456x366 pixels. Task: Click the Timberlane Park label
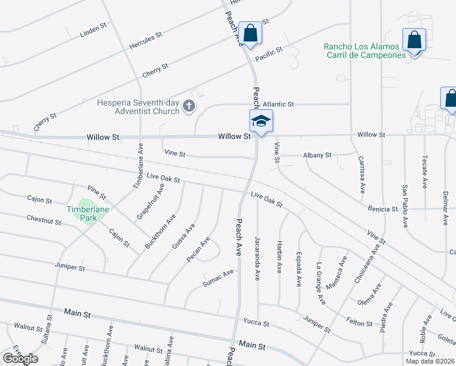point(82,213)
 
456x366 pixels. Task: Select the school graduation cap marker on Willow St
point(261,121)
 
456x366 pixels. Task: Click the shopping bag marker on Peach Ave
point(249,33)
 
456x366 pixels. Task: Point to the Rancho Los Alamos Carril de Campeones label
point(365,51)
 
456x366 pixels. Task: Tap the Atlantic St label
point(279,104)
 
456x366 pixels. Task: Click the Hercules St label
point(145,41)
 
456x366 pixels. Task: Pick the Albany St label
point(317,156)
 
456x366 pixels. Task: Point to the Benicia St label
point(383,209)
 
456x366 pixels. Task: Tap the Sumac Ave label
point(218,278)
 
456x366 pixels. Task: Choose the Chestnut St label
point(45,220)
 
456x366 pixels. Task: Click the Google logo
point(20,359)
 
